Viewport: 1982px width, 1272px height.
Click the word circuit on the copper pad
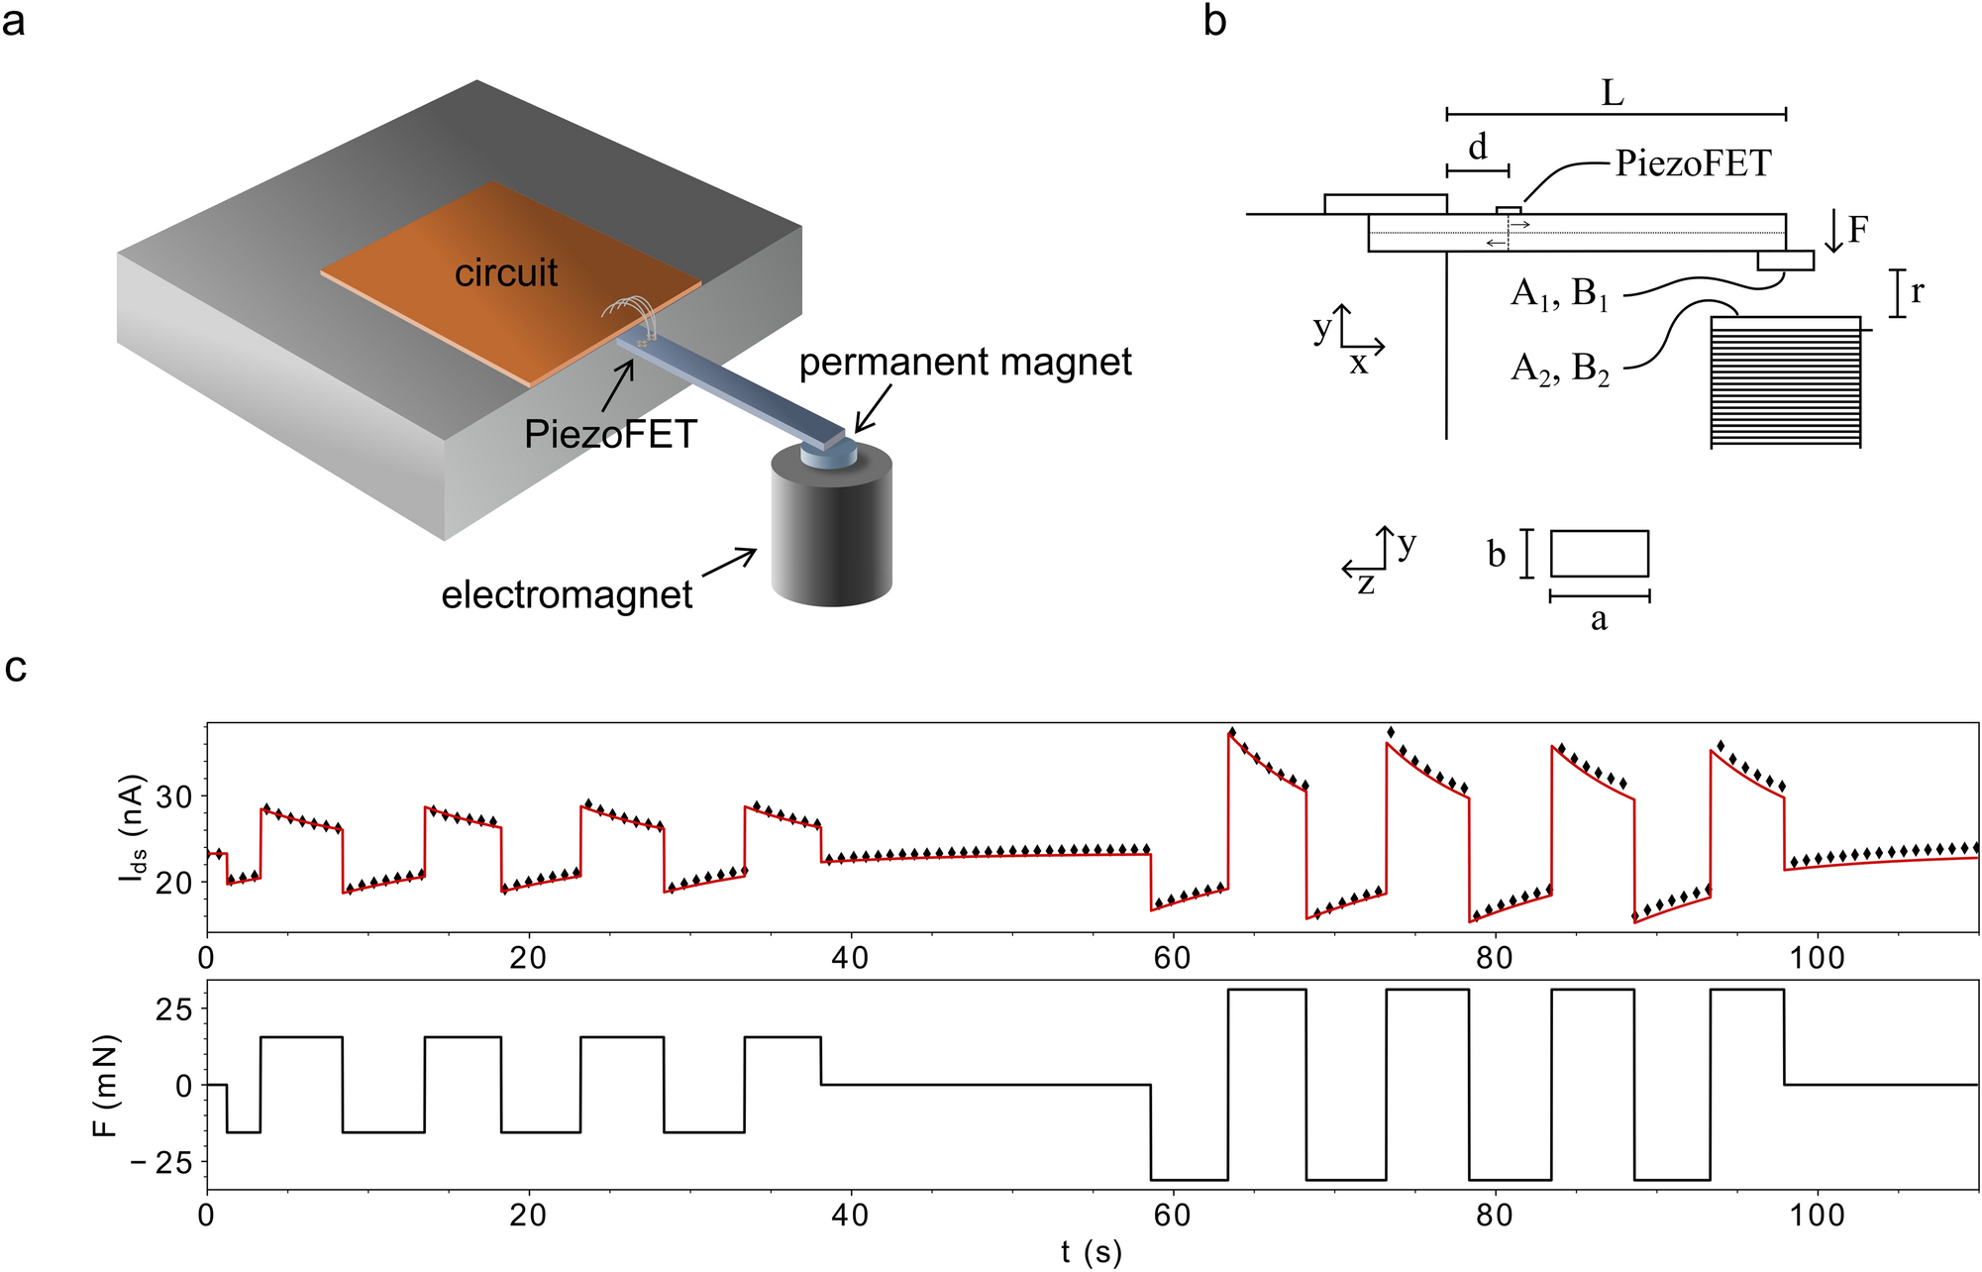[506, 272]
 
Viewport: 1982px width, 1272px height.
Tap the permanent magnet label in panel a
[965, 362]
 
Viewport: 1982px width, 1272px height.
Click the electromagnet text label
[567, 594]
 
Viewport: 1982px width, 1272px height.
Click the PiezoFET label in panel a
[610, 434]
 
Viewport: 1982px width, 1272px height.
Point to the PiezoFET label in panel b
[1693, 163]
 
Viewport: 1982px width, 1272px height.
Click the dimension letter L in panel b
[1613, 94]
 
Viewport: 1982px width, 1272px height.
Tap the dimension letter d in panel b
[1478, 148]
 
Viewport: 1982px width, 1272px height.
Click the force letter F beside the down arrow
[1858, 230]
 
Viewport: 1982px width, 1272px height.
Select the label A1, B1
[1559, 294]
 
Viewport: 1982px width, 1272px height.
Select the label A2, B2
[1559, 369]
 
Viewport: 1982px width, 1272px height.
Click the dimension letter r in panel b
[1918, 291]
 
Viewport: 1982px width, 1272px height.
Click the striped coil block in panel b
[1786, 382]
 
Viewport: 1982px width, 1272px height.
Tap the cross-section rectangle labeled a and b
[1599, 554]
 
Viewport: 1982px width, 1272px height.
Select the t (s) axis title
[1091, 1252]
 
